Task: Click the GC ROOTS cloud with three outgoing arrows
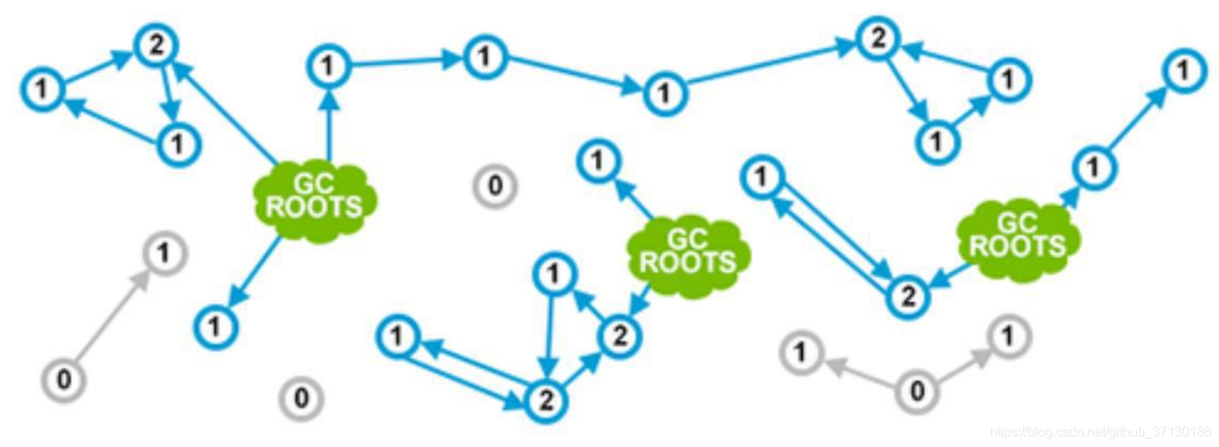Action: tap(314, 198)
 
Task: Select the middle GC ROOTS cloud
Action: tap(688, 252)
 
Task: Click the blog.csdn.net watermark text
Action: tap(1101, 432)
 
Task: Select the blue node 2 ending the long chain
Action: tap(877, 38)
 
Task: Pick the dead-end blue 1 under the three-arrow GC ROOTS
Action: tap(215, 327)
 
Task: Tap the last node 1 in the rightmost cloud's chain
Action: tap(1182, 71)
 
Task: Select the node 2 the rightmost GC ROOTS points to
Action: tap(907, 295)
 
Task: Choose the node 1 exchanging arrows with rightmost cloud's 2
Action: tap(761, 175)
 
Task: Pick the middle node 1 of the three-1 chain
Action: tap(485, 57)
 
